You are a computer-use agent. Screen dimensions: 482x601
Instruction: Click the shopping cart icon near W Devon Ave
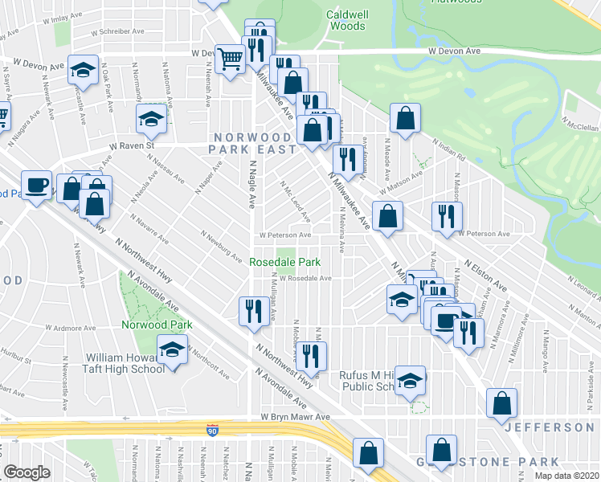pos(231,58)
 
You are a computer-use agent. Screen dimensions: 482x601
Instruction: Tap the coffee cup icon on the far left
pos(36,186)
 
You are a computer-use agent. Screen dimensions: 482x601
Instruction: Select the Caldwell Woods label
pos(346,20)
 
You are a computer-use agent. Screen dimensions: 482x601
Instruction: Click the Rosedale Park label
pos(285,262)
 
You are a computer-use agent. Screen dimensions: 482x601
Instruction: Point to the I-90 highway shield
pos(213,429)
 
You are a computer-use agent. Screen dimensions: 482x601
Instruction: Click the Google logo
pos(27,472)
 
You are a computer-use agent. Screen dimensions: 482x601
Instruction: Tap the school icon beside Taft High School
pos(172,351)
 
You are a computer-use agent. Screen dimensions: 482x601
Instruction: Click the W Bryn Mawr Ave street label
pos(295,418)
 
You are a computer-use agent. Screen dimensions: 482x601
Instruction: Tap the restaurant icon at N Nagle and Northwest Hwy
pos(255,310)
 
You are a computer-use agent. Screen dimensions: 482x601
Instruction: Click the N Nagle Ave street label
pos(251,193)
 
